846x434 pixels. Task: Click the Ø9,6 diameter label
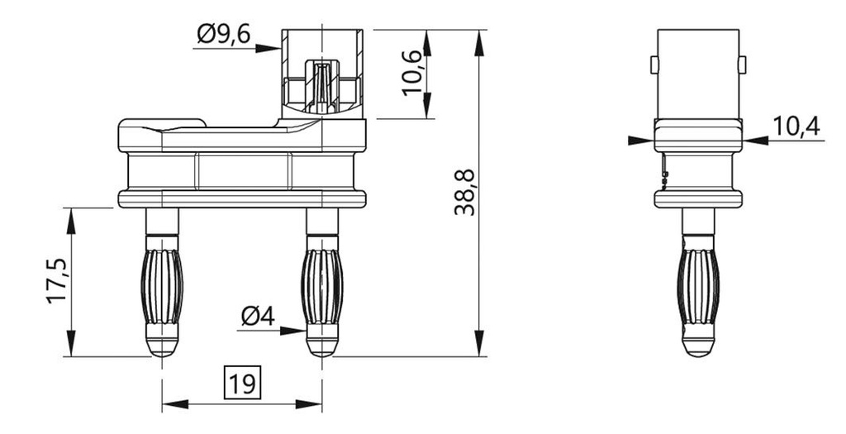(223, 36)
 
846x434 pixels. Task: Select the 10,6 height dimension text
(415, 72)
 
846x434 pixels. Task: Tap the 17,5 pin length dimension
(57, 281)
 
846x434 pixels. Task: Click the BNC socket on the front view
(322, 73)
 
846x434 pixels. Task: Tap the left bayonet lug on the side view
(654, 64)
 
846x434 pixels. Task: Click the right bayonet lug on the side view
(743, 64)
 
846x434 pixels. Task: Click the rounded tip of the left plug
(163, 346)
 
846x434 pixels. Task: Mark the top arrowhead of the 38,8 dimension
(478, 38)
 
